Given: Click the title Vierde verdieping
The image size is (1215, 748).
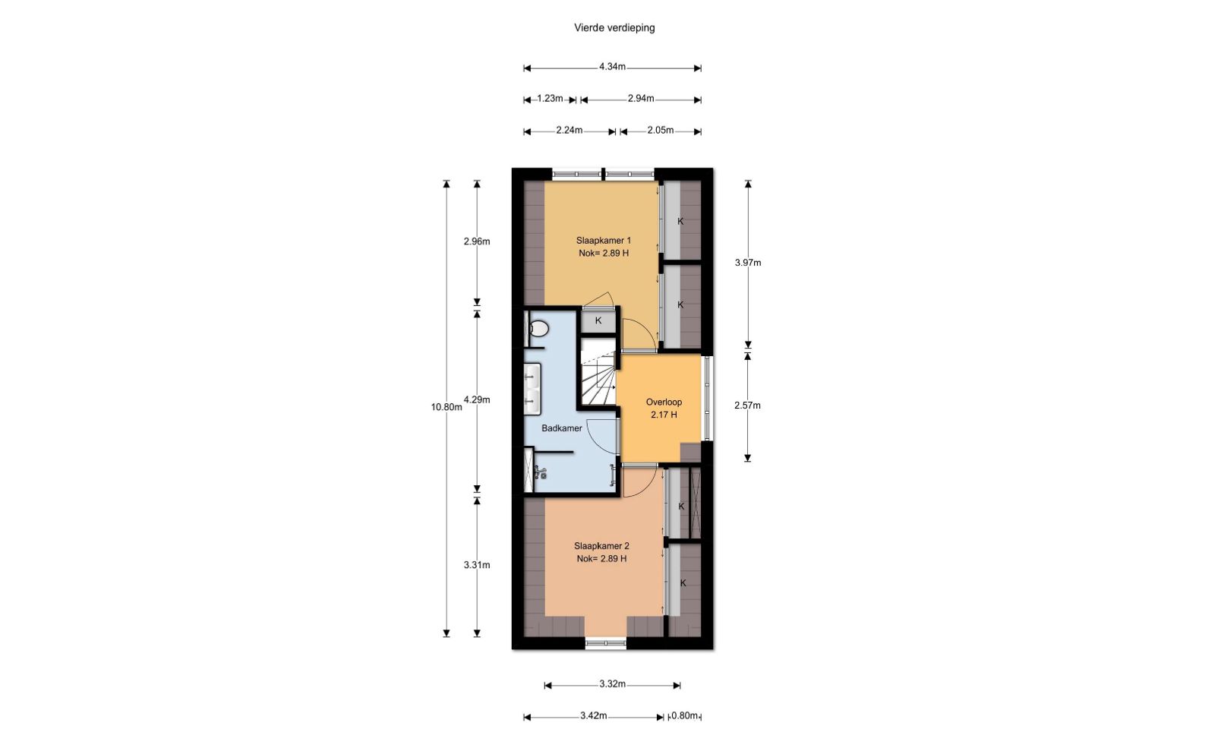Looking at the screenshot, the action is click(614, 27).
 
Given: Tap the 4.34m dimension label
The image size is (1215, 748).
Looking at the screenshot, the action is click(612, 67).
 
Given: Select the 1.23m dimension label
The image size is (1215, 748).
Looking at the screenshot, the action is click(550, 98).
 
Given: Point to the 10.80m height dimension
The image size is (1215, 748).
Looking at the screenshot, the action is click(447, 407).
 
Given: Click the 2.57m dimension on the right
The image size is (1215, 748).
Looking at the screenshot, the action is click(747, 406).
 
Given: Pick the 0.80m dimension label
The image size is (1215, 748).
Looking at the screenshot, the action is click(684, 715).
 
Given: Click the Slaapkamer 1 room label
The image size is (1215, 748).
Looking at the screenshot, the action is click(603, 240).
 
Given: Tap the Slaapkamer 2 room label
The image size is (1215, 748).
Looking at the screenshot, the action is click(601, 546).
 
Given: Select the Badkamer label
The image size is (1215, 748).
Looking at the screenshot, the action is click(562, 428).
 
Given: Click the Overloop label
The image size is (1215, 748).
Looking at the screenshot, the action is click(664, 402).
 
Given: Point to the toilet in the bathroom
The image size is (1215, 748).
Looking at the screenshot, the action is click(538, 328).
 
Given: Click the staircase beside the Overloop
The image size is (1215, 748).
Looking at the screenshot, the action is click(599, 371).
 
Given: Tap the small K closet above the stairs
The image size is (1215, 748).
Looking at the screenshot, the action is click(598, 320).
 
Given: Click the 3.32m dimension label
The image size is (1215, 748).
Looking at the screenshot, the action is click(612, 684).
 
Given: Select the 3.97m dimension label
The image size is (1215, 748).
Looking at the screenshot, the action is click(748, 263).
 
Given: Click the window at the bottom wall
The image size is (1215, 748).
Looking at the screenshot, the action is click(606, 644).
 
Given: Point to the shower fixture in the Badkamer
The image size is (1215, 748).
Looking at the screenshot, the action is click(540, 472).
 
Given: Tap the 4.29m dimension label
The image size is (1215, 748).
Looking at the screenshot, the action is click(477, 399).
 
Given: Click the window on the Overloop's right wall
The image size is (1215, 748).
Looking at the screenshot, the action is click(707, 398).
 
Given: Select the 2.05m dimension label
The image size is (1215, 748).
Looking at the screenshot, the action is click(661, 130).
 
